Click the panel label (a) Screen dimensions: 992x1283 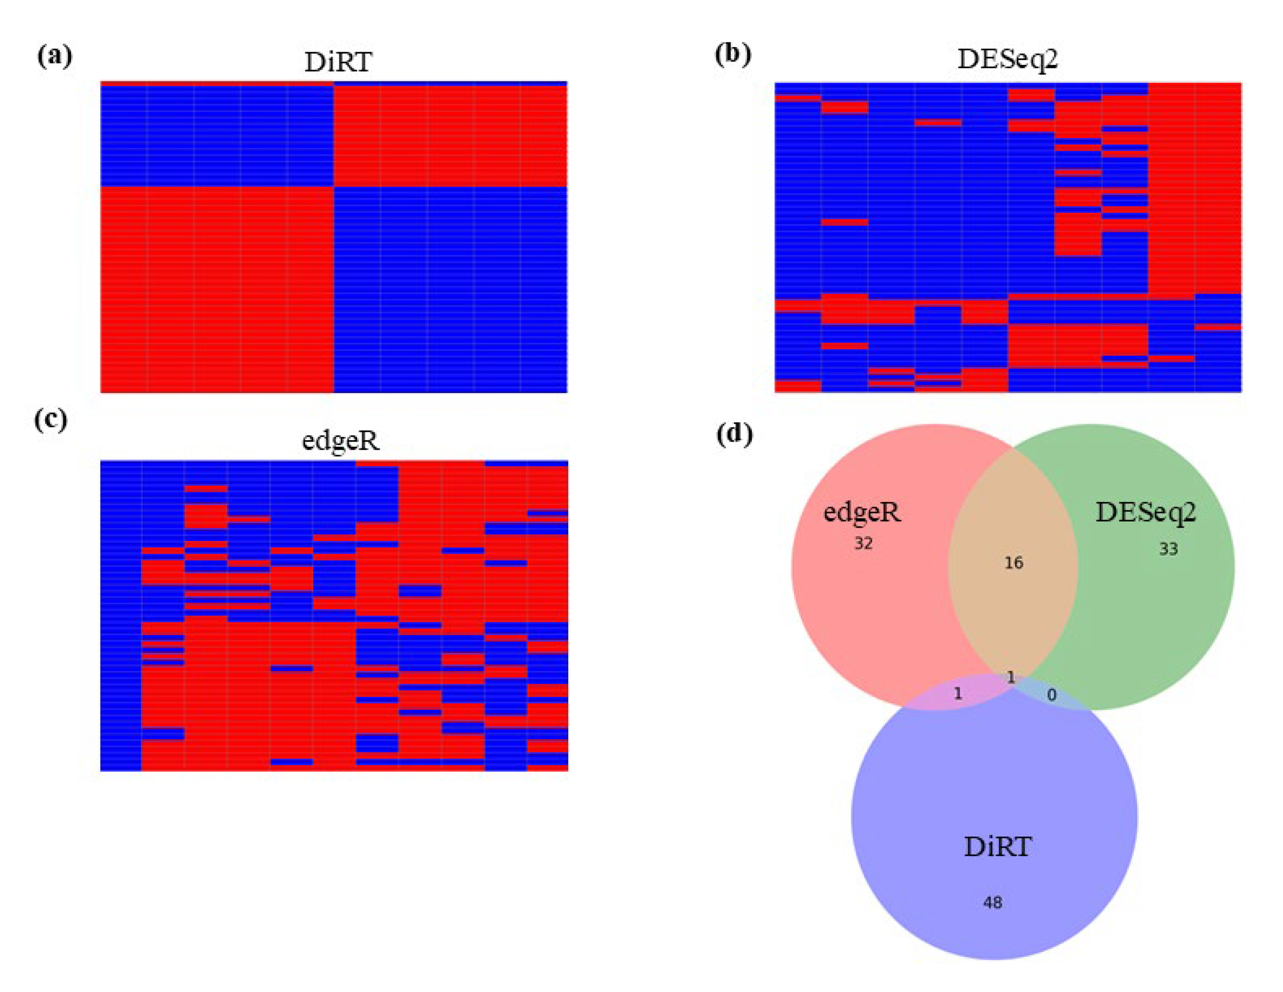(55, 57)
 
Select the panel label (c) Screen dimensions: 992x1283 (51, 420)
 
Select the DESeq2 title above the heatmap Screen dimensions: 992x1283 (1007, 60)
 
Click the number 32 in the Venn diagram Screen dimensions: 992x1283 (863, 544)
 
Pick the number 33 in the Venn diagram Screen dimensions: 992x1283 (1168, 549)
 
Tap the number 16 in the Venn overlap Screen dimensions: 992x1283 (1013, 563)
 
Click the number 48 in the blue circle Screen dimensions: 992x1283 (993, 902)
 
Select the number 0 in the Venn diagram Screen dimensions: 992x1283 (1051, 695)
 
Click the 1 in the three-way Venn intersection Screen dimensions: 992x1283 (1011, 677)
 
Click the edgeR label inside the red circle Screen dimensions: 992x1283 (862, 513)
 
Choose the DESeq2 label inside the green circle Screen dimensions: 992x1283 (1145, 513)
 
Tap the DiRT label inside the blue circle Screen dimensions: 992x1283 (998, 847)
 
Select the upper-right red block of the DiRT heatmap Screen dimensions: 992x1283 (451, 135)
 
